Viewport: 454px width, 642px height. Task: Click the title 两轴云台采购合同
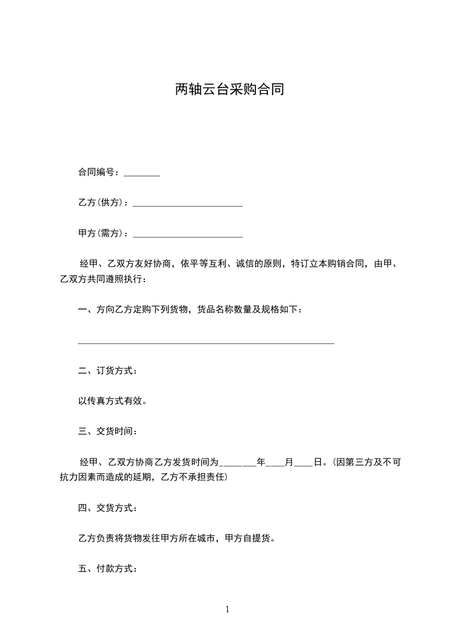229,90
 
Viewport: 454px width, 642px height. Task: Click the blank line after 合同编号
141,174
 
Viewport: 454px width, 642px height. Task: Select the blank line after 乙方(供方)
187,204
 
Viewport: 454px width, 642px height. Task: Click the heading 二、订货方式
107,371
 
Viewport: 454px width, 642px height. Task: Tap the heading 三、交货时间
107,431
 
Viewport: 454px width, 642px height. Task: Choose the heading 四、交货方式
107,508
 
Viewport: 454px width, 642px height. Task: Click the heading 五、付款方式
107,569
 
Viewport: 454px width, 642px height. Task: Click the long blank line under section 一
206,342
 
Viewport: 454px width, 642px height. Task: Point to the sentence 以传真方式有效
113,401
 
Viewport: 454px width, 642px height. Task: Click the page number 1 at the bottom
227,609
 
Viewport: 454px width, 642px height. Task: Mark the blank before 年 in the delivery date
238,464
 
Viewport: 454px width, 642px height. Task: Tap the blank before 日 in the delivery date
303,464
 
